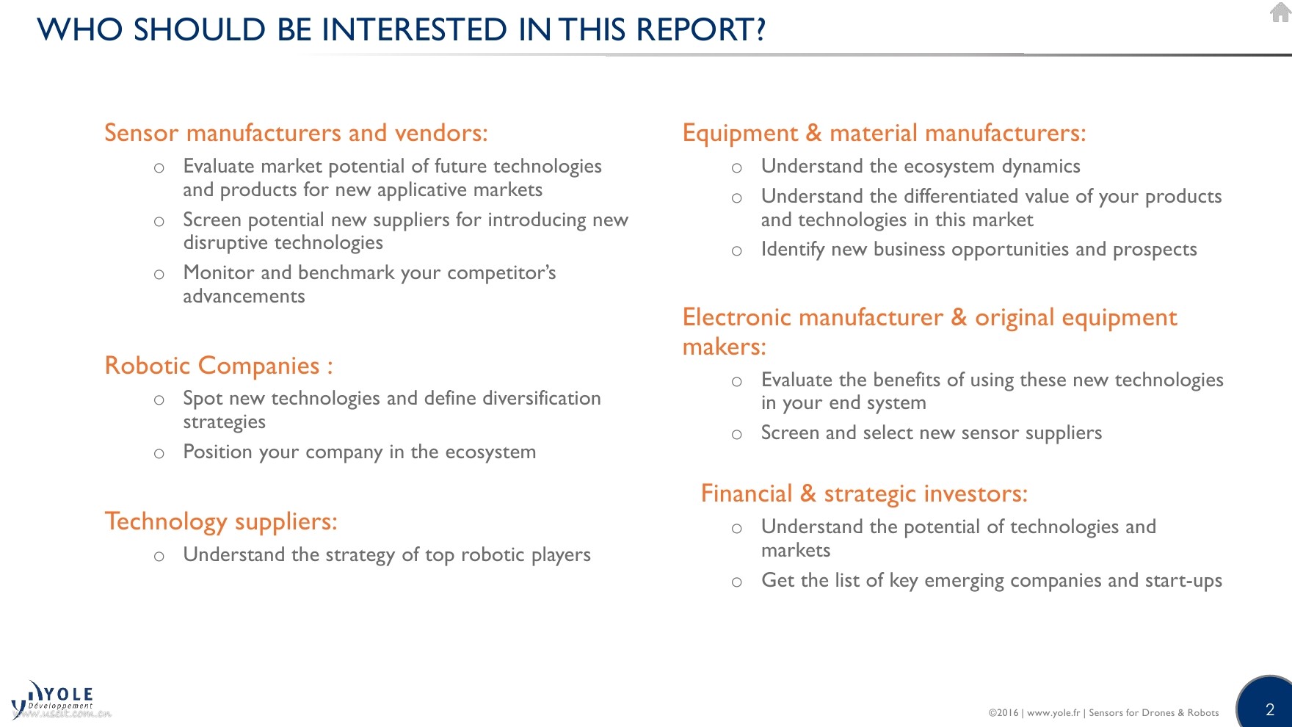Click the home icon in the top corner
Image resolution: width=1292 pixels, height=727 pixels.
pyautogui.click(x=1280, y=12)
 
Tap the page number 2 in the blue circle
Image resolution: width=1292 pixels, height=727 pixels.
pyautogui.click(x=1270, y=709)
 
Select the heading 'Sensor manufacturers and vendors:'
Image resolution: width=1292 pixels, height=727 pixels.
pyautogui.click(x=296, y=133)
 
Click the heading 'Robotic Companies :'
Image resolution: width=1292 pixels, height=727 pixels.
pyautogui.click(x=219, y=366)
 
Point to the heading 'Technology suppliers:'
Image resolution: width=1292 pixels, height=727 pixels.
pyautogui.click(x=221, y=521)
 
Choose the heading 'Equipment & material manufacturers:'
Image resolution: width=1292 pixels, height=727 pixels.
pyautogui.click(x=884, y=133)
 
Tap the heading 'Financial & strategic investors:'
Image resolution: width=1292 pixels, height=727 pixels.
pyautogui.click(x=864, y=493)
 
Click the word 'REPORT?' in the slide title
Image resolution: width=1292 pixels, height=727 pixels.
pyautogui.click(x=701, y=29)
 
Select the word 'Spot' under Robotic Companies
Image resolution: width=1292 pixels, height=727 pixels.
pyautogui.click(x=203, y=399)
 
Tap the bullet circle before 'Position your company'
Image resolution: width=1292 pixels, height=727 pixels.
pyautogui.click(x=159, y=454)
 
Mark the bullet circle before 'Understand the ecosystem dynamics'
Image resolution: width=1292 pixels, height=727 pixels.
pyautogui.click(x=737, y=168)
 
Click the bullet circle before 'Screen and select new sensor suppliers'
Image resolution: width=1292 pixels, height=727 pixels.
pyautogui.click(x=737, y=435)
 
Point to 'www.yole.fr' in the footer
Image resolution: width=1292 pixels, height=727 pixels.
pyautogui.click(x=1053, y=712)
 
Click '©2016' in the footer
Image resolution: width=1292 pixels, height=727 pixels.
pyautogui.click(x=1004, y=712)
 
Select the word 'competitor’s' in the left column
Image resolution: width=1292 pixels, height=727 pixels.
pyautogui.click(x=501, y=273)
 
